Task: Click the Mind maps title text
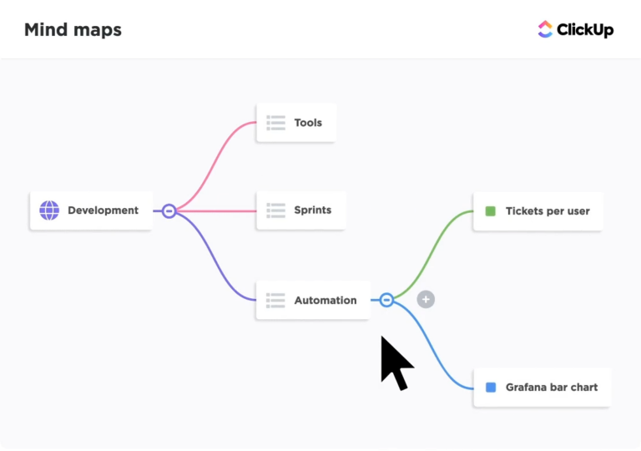(x=73, y=30)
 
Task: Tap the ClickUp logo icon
(x=545, y=29)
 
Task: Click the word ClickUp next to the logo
(x=585, y=30)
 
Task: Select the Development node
(x=91, y=210)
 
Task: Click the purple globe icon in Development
(x=49, y=210)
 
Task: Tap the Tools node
(x=296, y=123)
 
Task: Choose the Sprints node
(x=300, y=210)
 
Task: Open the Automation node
(x=313, y=300)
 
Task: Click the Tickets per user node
(x=538, y=211)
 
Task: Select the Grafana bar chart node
(x=542, y=388)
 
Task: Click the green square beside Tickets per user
(x=491, y=211)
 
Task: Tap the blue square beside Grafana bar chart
(x=491, y=388)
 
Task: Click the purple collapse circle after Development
(x=169, y=211)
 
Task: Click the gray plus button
(x=426, y=299)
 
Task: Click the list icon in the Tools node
(x=275, y=123)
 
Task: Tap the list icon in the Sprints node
(x=275, y=210)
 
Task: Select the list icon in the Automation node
(x=275, y=300)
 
